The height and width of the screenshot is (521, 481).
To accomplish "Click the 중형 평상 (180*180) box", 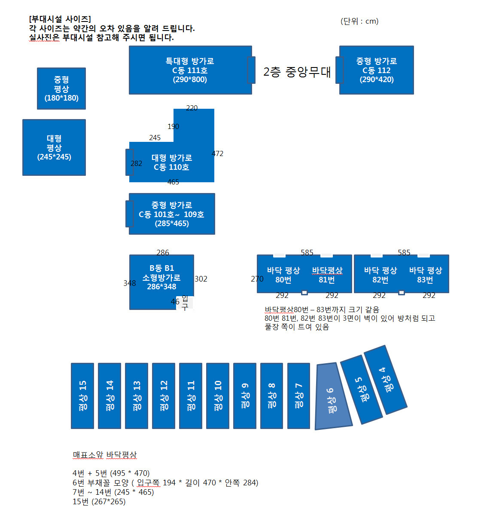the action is coord(61,89).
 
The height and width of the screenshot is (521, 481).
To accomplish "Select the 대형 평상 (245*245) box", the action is coord(54,147).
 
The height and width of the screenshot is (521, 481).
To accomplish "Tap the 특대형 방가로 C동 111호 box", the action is coord(190,70).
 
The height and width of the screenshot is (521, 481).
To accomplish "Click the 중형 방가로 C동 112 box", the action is coord(376,70).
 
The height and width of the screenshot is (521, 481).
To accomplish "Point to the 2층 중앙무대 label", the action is coord(297,72).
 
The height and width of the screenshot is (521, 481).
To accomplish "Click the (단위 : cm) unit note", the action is coord(359,21).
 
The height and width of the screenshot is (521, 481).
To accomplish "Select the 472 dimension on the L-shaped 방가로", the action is coord(218,153).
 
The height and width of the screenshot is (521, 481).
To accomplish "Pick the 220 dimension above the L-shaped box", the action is coord(192,108).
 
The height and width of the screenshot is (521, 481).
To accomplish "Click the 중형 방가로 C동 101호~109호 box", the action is coord(172,214).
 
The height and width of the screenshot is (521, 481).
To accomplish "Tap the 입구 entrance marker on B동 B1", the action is coord(185,303).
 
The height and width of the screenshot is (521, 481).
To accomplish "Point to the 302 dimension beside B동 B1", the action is coord(201,279).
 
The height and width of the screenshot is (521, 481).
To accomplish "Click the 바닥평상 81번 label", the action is coord(327,275).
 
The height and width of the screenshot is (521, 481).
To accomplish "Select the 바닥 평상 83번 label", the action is coord(426,275).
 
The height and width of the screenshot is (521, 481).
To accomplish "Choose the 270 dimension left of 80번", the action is coord(257,279).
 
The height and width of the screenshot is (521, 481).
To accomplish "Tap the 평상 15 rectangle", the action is coord(82,396).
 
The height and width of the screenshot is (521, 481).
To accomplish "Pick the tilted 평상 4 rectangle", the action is coord(386,380).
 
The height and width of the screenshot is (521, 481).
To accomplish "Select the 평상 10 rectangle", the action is coord(218,396).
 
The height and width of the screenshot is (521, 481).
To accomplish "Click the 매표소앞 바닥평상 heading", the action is coord(105,455).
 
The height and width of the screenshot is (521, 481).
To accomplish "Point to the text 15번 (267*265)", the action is coord(99,501).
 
